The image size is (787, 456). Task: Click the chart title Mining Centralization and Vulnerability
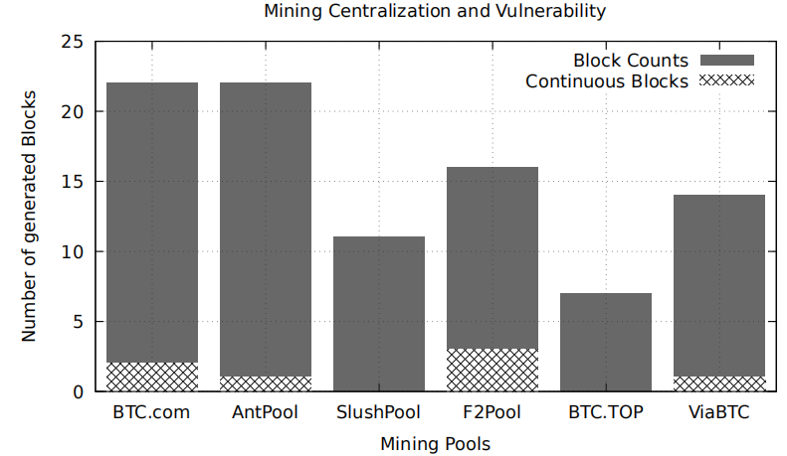tap(435, 12)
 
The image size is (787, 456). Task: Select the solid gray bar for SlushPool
tap(378, 314)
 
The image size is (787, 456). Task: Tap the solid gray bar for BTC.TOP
tap(605, 342)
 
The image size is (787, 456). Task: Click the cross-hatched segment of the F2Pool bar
tap(492, 370)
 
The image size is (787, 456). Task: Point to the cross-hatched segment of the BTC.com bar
tap(151, 377)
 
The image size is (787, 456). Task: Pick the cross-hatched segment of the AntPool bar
tap(265, 383)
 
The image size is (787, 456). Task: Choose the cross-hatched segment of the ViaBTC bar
tap(718, 383)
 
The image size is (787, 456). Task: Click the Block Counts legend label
tap(632, 61)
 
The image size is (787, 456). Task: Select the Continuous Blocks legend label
tap(607, 81)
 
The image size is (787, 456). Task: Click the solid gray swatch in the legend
tap(728, 61)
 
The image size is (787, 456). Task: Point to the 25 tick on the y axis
tap(73, 42)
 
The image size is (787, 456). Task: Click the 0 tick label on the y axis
tap(78, 392)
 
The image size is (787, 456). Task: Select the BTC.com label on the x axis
tap(151, 411)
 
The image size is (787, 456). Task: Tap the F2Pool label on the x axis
tap(492, 411)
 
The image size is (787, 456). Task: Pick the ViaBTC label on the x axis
tap(718, 411)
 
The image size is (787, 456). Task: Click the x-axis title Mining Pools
tap(435, 443)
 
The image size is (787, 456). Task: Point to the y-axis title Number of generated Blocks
tap(30, 217)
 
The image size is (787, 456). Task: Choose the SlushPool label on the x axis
tap(378, 411)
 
